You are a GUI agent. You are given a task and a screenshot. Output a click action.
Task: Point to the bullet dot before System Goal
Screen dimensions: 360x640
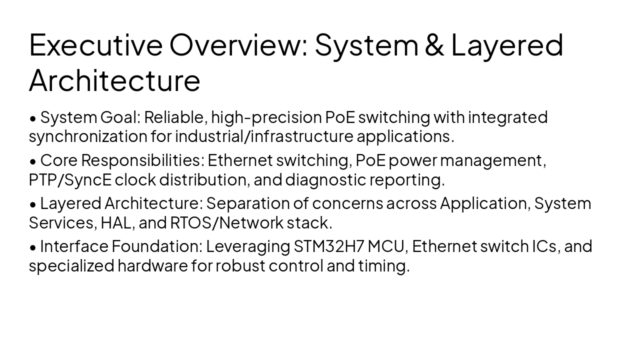click(x=33, y=118)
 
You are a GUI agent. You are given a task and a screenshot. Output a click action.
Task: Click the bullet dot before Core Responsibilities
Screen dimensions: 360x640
click(x=33, y=161)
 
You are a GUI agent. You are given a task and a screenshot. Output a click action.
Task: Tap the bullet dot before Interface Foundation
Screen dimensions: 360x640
click(x=33, y=247)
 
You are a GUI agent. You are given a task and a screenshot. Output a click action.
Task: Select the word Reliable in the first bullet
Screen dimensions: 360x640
click(x=175, y=117)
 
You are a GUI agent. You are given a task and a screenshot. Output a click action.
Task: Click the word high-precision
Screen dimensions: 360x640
click(x=266, y=117)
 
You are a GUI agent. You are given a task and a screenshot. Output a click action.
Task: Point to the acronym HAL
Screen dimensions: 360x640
click(x=116, y=222)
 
